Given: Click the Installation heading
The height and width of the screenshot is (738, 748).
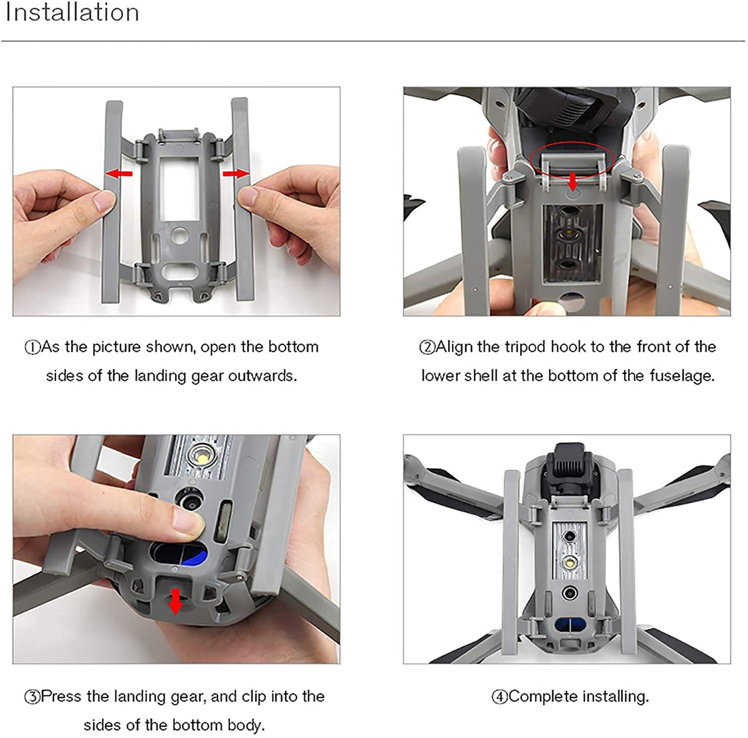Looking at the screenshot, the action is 72,12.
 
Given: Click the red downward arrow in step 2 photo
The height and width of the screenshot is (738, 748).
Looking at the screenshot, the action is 572,181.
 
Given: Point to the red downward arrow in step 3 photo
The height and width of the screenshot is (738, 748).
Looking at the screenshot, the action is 176,601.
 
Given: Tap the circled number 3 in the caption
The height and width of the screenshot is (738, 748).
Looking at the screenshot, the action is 32,697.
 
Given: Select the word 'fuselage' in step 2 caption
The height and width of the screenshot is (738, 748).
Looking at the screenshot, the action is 682,375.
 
